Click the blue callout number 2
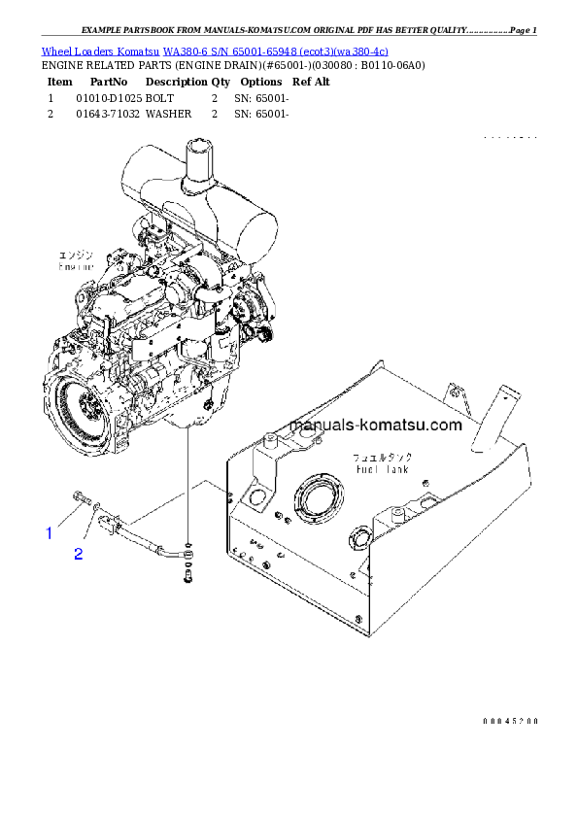79,555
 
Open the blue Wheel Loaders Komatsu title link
215,51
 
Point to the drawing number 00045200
510,721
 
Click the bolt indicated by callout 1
79,500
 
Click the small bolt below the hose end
187,579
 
